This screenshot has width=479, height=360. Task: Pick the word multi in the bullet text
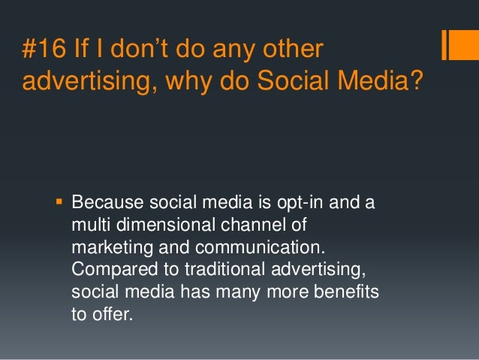click(x=89, y=225)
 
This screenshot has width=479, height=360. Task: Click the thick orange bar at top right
click(x=446, y=44)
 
